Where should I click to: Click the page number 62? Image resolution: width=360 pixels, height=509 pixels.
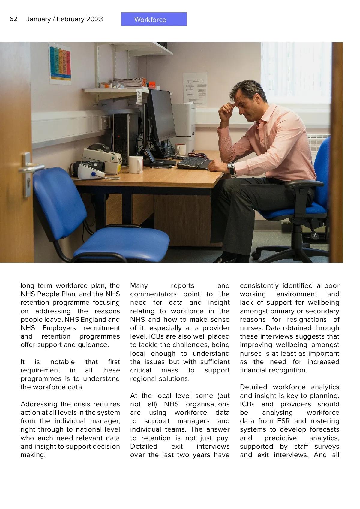(13, 19)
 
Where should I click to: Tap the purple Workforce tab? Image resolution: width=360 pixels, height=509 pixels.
(154, 19)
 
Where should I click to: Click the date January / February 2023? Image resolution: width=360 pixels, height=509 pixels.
(64, 19)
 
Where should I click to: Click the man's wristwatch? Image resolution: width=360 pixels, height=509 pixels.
(231, 168)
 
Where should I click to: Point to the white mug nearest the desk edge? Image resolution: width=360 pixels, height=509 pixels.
(136, 164)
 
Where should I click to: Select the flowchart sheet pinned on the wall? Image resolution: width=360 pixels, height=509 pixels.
(195, 89)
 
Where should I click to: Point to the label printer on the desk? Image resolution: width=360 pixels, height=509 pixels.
(102, 158)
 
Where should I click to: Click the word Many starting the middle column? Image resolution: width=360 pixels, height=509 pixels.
(139, 285)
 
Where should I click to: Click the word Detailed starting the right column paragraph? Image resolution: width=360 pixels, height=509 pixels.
(253, 387)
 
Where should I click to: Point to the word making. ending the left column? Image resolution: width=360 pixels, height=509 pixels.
(33, 455)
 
